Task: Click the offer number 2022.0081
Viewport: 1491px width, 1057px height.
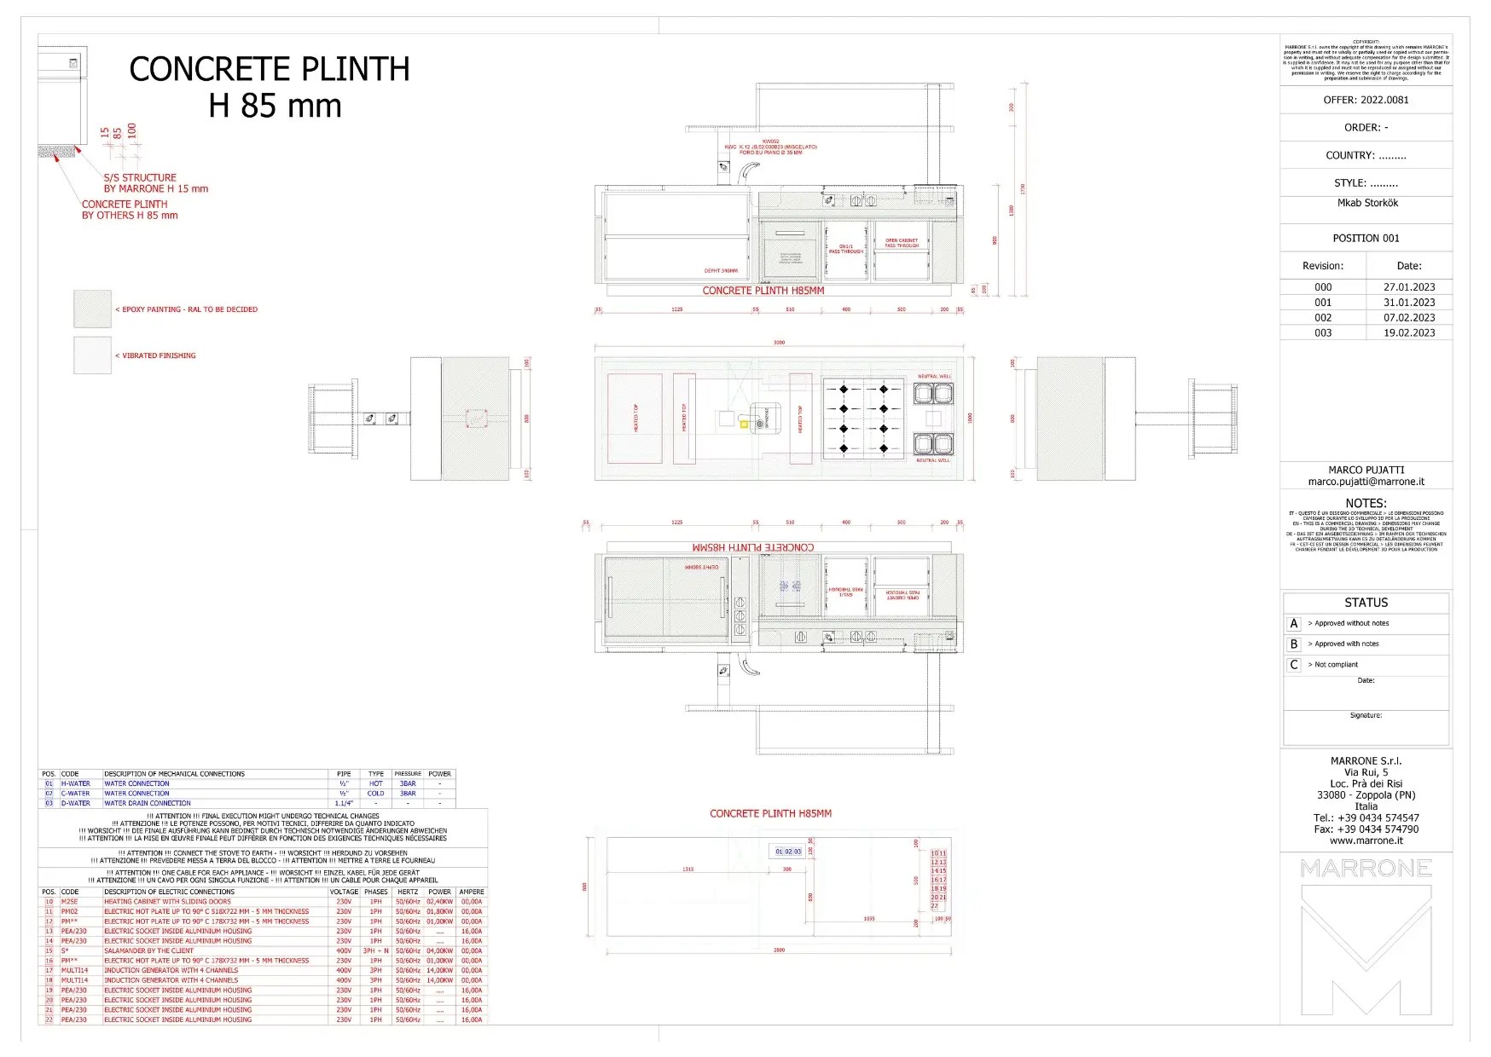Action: (x=1384, y=100)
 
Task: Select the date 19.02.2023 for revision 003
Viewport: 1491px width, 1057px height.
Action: (x=1409, y=333)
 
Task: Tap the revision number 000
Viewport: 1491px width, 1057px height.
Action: (x=1322, y=287)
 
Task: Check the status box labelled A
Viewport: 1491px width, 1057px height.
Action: (x=1294, y=624)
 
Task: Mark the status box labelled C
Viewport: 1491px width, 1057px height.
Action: (x=1294, y=665)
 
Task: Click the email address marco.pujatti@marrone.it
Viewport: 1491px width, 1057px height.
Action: (x=1366, y=482)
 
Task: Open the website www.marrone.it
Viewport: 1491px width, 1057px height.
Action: (x=1366, y=840)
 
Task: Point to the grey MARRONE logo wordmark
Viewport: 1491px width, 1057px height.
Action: (x=1366, y=869)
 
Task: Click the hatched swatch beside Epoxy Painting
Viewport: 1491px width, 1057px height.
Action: (x=92, y=309)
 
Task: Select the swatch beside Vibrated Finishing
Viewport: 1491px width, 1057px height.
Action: (x=92, y=355)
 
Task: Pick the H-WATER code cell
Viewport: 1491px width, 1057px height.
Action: (x=75, y=783)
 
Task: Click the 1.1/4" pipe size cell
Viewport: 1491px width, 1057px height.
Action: (x=344, y=803)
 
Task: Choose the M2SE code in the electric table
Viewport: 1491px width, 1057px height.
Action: (x=69, y=902)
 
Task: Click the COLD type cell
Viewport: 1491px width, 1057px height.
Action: (x=375, y=794)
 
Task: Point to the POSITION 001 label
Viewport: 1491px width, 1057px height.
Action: (x=1366, y=239)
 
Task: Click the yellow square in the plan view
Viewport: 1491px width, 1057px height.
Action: (x=744, y=424)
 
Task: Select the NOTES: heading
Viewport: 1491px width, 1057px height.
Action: (x=1366, y=503)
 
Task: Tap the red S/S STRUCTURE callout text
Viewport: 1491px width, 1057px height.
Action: (x=140, y=178)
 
